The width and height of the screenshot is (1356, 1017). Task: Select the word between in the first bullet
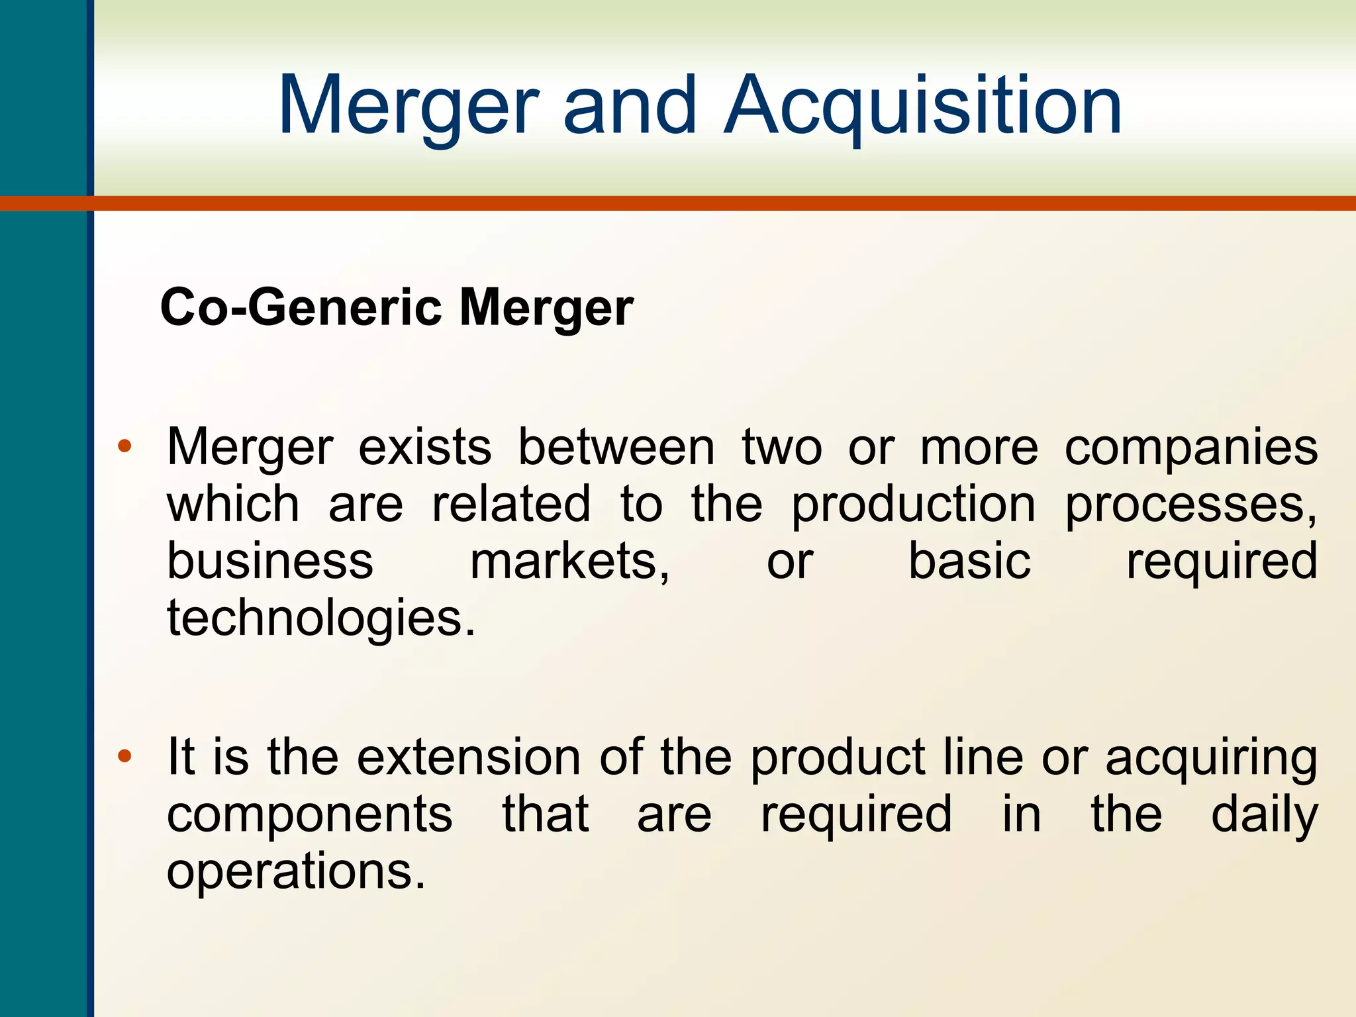click(x=616, y=448)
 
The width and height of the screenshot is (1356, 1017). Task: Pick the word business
click(x=270, y=561)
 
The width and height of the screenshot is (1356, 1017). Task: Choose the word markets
click(x=570, y=561)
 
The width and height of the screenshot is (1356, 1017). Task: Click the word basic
click(x=969, y=561)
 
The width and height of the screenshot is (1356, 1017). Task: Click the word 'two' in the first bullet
click(x=782, y=448)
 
